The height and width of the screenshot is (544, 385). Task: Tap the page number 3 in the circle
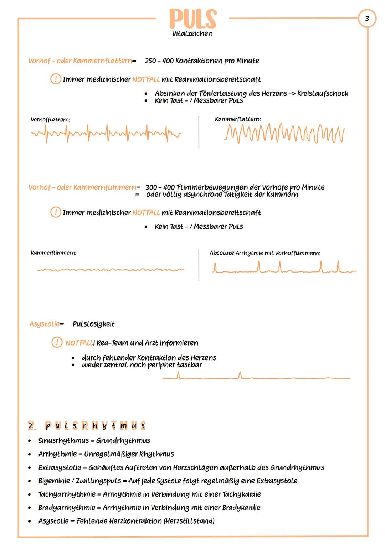click(367, 18)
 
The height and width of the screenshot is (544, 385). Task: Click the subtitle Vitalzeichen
click(192, 34)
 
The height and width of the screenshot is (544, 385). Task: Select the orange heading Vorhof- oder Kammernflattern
click(80, 61)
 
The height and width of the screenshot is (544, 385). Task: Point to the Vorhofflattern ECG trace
click(106, 134)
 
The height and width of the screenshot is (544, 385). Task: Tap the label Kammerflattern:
click(237, 119)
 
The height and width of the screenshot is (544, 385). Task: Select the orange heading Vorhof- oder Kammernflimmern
click(82, 187)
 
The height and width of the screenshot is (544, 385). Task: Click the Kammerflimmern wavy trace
click(110, 270)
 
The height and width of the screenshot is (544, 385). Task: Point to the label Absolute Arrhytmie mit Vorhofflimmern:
click(265, 253)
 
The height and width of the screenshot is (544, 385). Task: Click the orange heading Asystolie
click(44, 324)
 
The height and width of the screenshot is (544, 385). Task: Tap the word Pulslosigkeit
click(93, 324)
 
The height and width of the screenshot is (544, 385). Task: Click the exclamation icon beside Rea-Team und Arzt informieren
click(56, 343)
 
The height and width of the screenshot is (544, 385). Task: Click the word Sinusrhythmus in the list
click(63, 441)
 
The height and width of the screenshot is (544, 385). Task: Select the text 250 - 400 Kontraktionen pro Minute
click(202, 61)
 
